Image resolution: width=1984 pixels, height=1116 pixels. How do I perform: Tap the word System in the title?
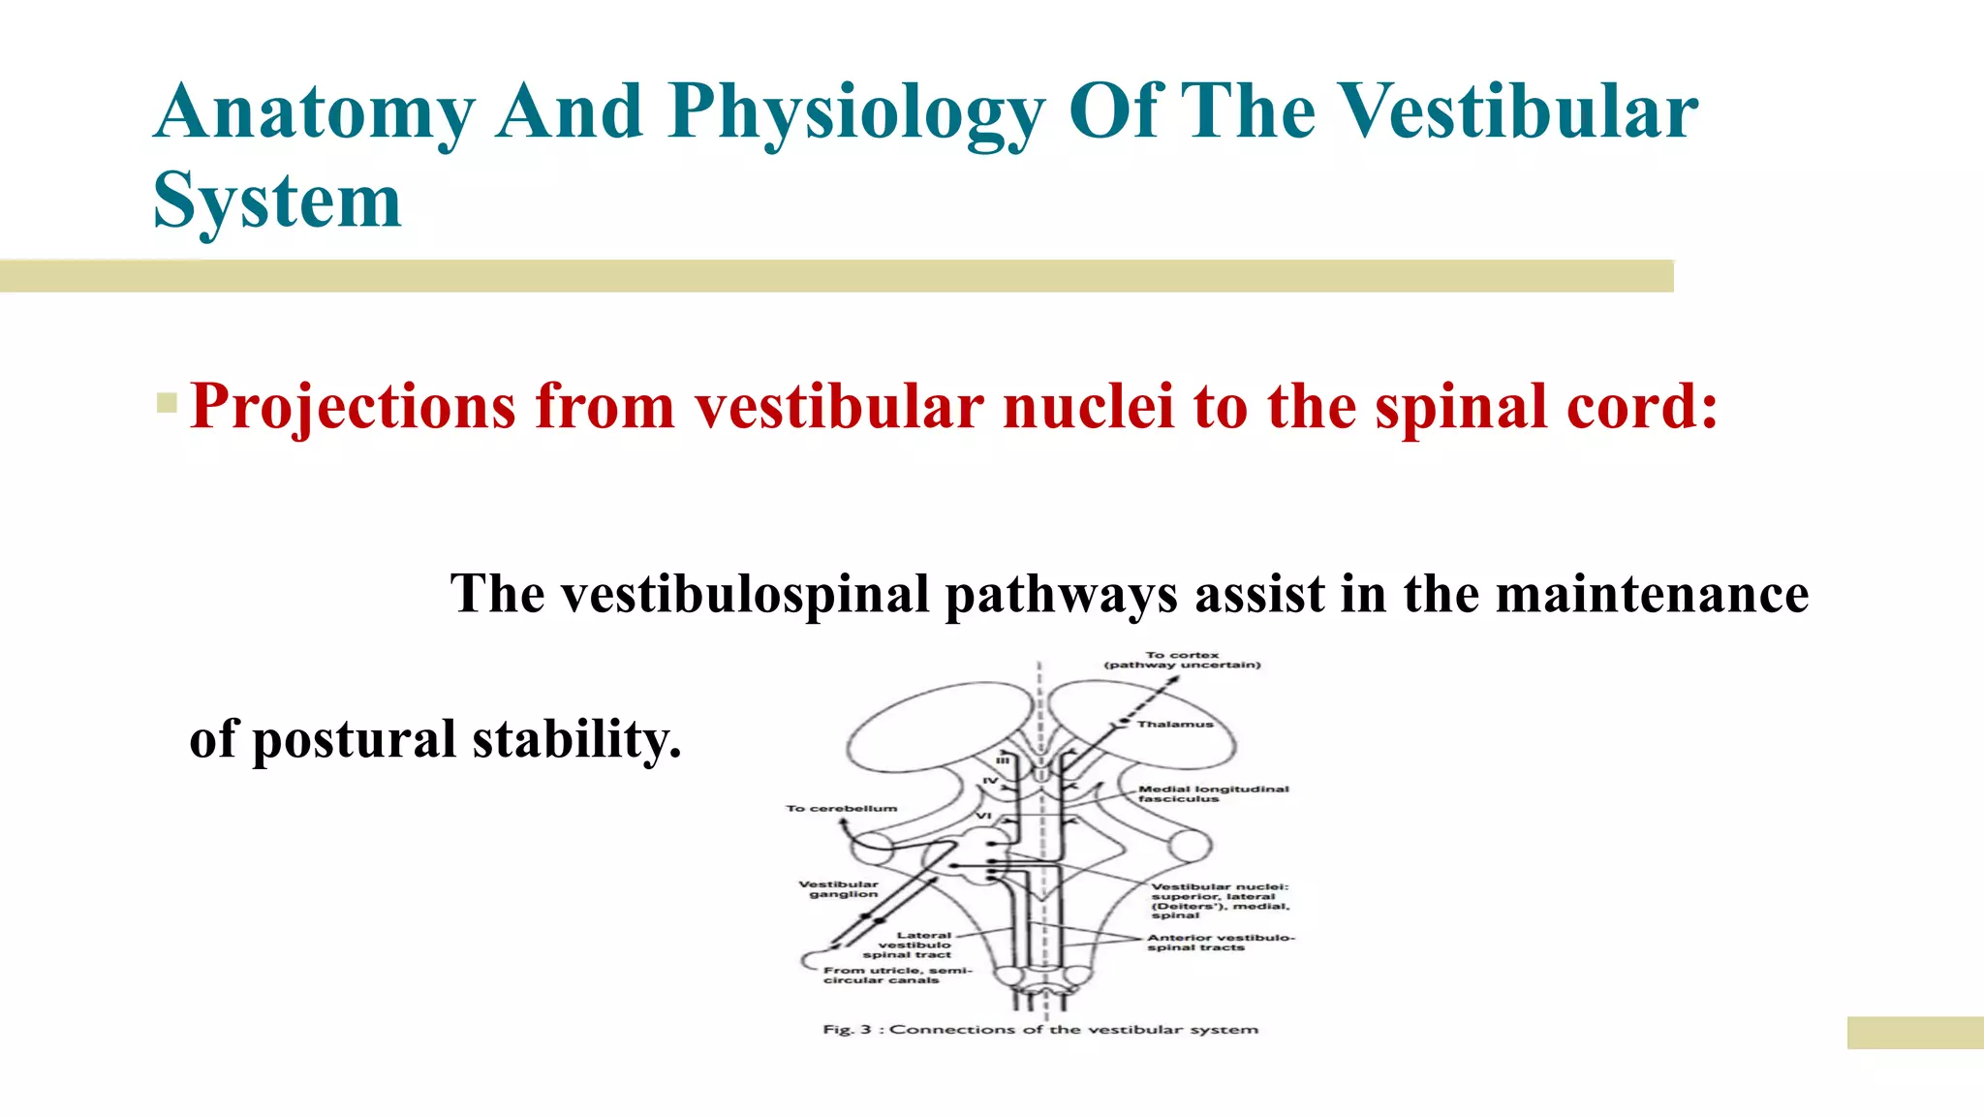pos(277,201)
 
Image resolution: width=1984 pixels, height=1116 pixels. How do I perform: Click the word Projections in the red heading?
pos(353,406)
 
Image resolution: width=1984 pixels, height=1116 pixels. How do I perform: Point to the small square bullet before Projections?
pos(166,402)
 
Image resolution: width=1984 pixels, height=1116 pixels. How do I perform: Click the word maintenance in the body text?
pos(1652,595)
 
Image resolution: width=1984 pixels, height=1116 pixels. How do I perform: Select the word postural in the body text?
pos(354,740)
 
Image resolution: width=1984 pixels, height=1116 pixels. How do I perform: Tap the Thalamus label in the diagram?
pos(1174,725)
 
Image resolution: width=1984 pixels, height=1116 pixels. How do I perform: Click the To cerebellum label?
pos(841,808)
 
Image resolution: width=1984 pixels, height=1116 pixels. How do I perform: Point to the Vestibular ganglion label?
pos(839,889)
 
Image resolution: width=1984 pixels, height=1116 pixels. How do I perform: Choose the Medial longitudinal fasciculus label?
pos(1213,793)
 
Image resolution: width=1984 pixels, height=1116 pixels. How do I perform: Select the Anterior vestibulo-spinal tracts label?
pos(1220,942)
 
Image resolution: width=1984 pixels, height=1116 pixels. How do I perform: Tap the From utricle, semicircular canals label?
pos(896,975)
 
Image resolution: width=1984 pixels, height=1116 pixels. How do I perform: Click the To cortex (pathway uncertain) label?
pos(1182,660)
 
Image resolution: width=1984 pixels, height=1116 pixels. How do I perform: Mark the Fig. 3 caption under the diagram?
pos(1039,1029)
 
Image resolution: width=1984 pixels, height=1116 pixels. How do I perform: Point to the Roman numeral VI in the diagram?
pos(983,817)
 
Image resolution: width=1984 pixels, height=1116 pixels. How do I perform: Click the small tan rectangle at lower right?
pos(1914,1032)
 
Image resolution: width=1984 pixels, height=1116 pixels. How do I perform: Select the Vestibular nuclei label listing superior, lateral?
pos(1220,900)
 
